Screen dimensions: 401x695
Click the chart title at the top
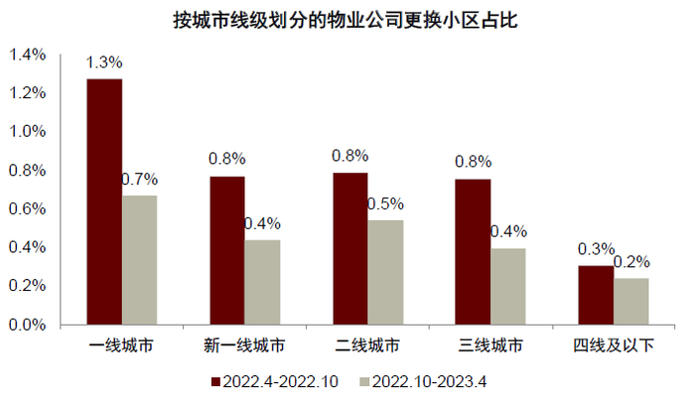347,20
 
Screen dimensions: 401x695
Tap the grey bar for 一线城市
140,260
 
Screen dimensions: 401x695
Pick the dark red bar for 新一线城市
227,250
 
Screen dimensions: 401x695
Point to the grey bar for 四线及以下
631,301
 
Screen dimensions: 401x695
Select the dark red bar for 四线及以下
596,295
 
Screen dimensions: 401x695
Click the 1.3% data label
103,63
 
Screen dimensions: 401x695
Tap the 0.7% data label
140,180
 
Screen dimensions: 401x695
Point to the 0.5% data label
385,204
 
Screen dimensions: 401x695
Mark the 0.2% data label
631,262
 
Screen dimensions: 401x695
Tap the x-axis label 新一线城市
244,346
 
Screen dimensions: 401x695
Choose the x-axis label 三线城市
490,346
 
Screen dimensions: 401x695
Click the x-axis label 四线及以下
614,346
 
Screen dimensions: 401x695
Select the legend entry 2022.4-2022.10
278,380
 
